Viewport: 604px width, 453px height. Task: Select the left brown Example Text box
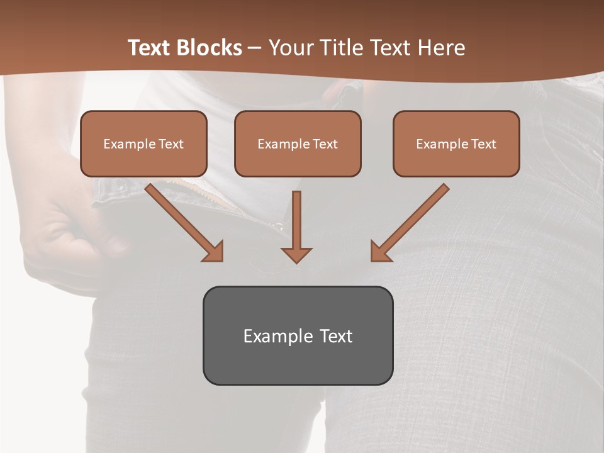[x=143, y=143]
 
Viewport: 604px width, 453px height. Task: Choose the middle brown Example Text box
[x=298, y=143]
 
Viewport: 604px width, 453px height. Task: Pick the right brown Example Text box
[x=456, y=143]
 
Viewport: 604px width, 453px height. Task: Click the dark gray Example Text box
[x=298, y=335]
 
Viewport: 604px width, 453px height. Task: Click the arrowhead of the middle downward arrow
[x=296, y=254]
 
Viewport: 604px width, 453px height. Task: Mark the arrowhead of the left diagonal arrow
[x=214, y=252]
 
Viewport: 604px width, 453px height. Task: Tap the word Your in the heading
[x=290, y=48]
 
